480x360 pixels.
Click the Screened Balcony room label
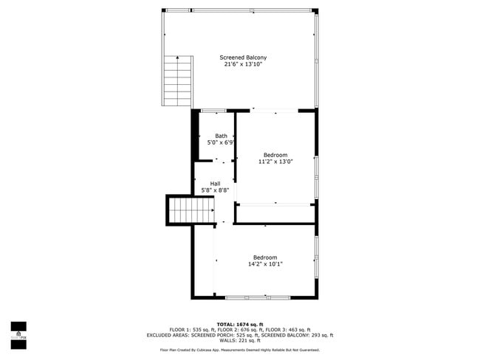tap(243, 58)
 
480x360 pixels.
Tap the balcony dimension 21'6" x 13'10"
tap(243, 65)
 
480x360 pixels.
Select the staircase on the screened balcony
tap(177, 80)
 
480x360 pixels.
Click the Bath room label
tap(221, 136)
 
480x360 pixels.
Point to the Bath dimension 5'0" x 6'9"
tap(221, 142)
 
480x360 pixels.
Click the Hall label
tap(215, 184)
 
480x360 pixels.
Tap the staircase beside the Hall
tap(181, 211)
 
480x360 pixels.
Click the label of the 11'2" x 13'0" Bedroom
tap(275, 155)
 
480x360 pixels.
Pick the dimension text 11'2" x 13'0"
tap(275, 162)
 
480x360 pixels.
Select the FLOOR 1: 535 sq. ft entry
tap(192, 330)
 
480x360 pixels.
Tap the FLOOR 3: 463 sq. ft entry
tap(288, 330)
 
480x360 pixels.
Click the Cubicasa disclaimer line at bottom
tap(239, 350)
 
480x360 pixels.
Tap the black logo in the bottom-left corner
tap(18, 333)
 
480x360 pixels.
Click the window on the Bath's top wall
tap(213, 111)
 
